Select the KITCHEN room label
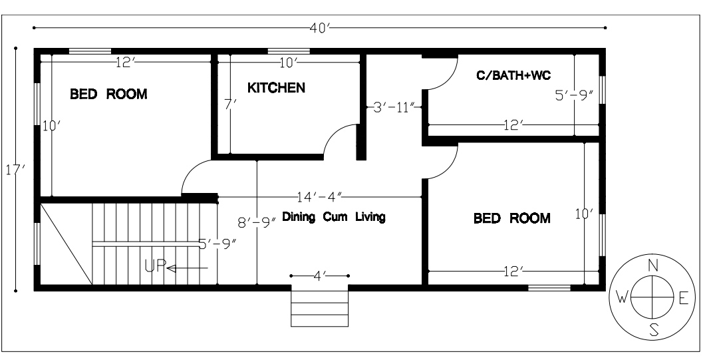(x=276, y=88)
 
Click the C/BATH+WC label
(x=513, y=75)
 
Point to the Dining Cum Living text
(x=334, y=217)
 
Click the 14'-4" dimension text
(x=319, y=197)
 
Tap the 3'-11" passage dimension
(x=394, y=107)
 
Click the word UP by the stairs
(x=154, y=268)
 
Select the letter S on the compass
(x=654, y=329)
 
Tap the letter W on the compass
(x=623, y=298)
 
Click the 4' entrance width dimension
(x=319, y=275)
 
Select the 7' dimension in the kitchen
(x=227, y=104)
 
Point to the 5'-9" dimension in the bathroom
(x=574, y=95)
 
